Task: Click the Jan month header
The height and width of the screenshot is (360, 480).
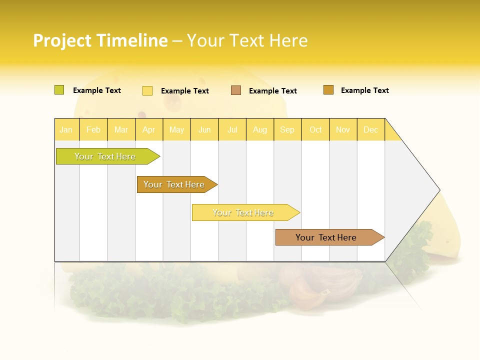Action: (66, 129)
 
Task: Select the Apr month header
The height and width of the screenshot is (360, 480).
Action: (149, 129)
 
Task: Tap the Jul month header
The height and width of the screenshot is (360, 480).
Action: (232, 129)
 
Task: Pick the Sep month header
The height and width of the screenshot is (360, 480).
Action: (287, 129)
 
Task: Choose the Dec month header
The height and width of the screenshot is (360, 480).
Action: (370, 129)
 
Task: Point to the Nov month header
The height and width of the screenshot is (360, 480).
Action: (342, 129)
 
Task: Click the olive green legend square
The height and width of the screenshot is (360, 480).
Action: (59, 90)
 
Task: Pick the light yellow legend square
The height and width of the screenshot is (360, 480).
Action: (147, 90)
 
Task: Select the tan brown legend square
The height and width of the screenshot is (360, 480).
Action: (236, 90)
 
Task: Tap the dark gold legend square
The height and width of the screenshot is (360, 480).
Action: (328, 90)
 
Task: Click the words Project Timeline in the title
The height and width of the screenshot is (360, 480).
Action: (100, 40)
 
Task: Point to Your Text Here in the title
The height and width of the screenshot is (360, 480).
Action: (247, 40)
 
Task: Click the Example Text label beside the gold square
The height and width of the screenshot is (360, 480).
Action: (364, 90)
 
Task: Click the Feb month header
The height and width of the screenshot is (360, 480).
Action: (93, 129)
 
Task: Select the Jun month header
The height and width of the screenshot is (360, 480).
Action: (204, 129)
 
